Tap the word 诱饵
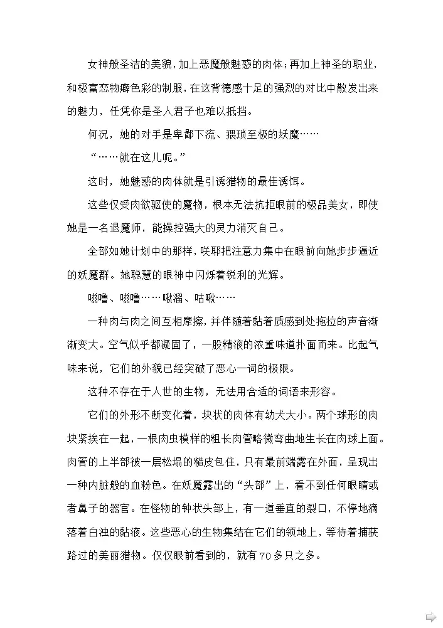291,181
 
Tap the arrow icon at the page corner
431,617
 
